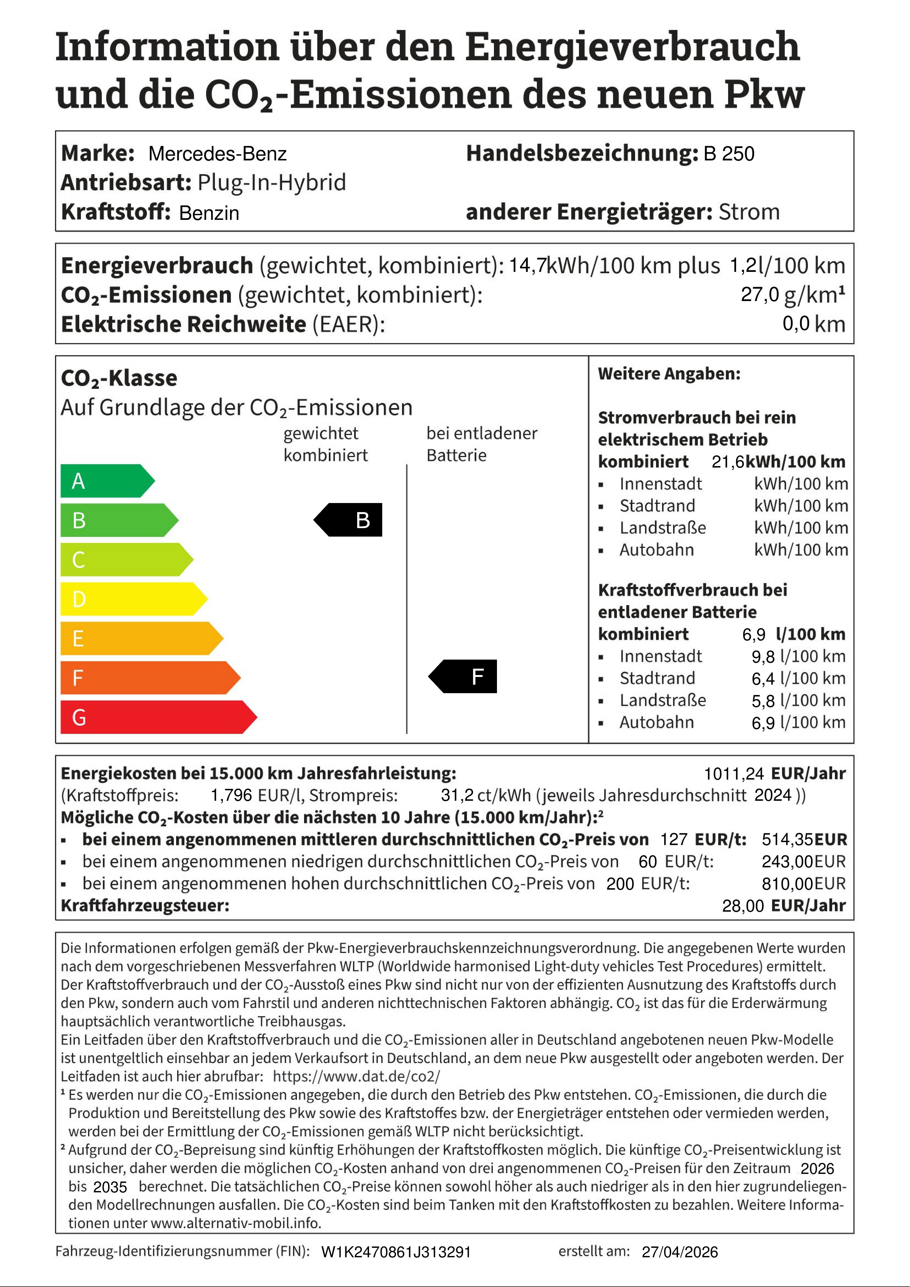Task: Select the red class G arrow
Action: pos(157,717)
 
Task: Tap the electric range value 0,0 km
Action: pos(813,324)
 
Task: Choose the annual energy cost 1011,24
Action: pos(733,774)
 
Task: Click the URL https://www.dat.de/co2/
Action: pos(357,1076)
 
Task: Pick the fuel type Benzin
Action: pos(209,213)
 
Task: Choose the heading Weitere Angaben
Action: pos(669,374)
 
